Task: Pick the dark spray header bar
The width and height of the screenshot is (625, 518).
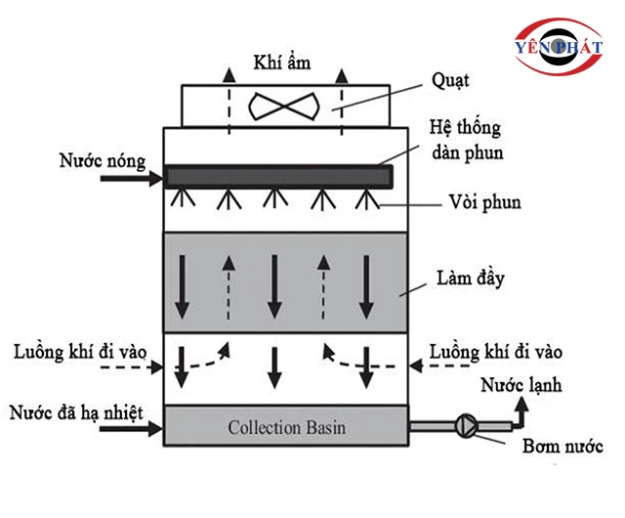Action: [x=278, y=176]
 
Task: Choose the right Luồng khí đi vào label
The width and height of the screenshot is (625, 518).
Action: [x=497, y=349]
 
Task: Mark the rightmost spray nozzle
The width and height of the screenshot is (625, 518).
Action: [x=365, y=198]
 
